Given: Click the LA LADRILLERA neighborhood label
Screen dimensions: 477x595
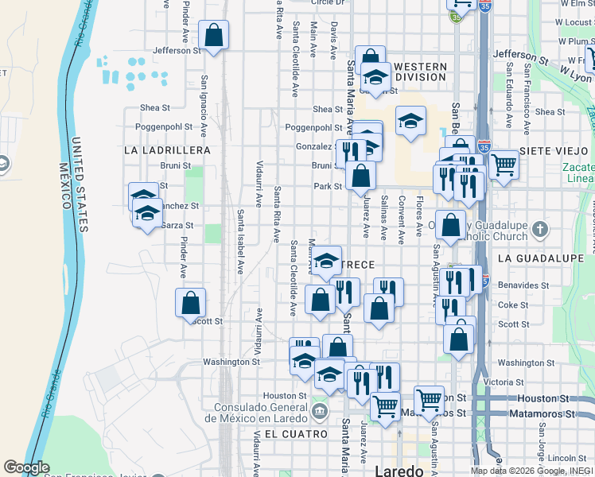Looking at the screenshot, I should click(167, 150).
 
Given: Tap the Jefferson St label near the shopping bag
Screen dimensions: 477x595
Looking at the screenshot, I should click(177, 50).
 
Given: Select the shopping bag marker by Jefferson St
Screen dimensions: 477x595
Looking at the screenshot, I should click(213, 36).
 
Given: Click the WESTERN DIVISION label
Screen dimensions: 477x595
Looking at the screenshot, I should click(420, 72).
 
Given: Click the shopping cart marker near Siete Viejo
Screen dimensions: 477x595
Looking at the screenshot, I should click(504, 165).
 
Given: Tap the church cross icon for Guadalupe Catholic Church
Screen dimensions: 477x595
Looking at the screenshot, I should click(541, 231).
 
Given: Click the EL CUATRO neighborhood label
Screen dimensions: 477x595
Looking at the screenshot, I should click(296, 434).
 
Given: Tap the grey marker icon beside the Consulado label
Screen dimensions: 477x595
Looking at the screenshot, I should click(320, 411).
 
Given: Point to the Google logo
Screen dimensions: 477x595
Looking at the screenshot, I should click(26, 467).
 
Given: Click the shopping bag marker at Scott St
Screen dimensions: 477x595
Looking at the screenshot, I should click(191, 303).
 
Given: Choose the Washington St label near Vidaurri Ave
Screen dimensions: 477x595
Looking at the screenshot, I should click(231, 362).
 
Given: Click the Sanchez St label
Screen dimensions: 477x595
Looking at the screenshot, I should click(179, 205).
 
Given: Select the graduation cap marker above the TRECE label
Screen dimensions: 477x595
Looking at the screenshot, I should click(326, 260).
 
